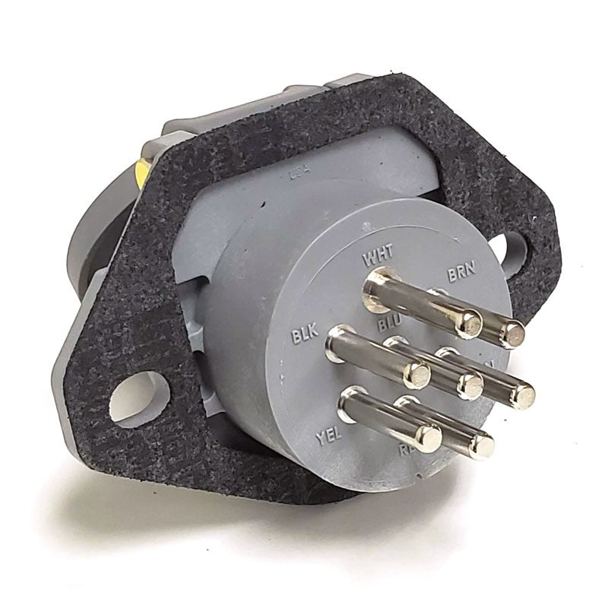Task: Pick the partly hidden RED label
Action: tap(408, 451)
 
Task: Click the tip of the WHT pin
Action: tap(470, 325)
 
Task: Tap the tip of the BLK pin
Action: tap(416, 372)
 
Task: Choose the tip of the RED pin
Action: tap(480, 445)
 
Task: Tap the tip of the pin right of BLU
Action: tap(521, 394)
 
